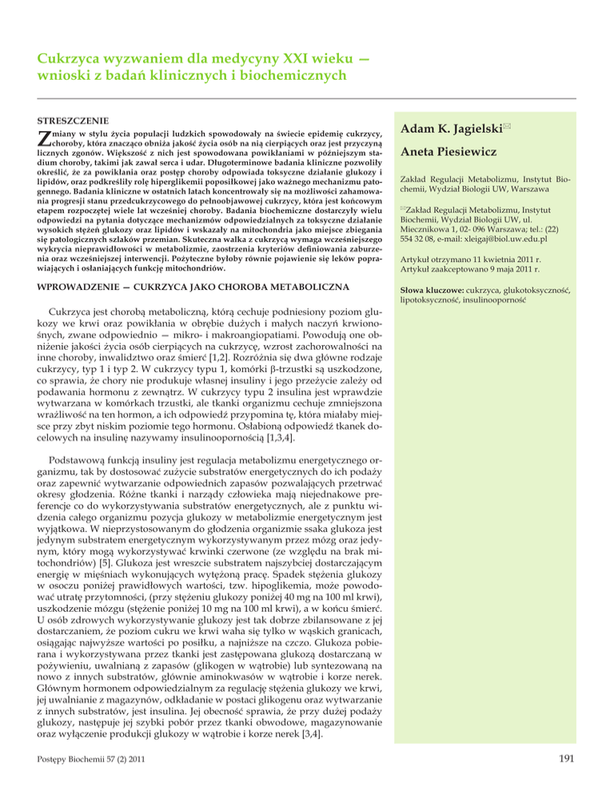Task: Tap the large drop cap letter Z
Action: point(45,139)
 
